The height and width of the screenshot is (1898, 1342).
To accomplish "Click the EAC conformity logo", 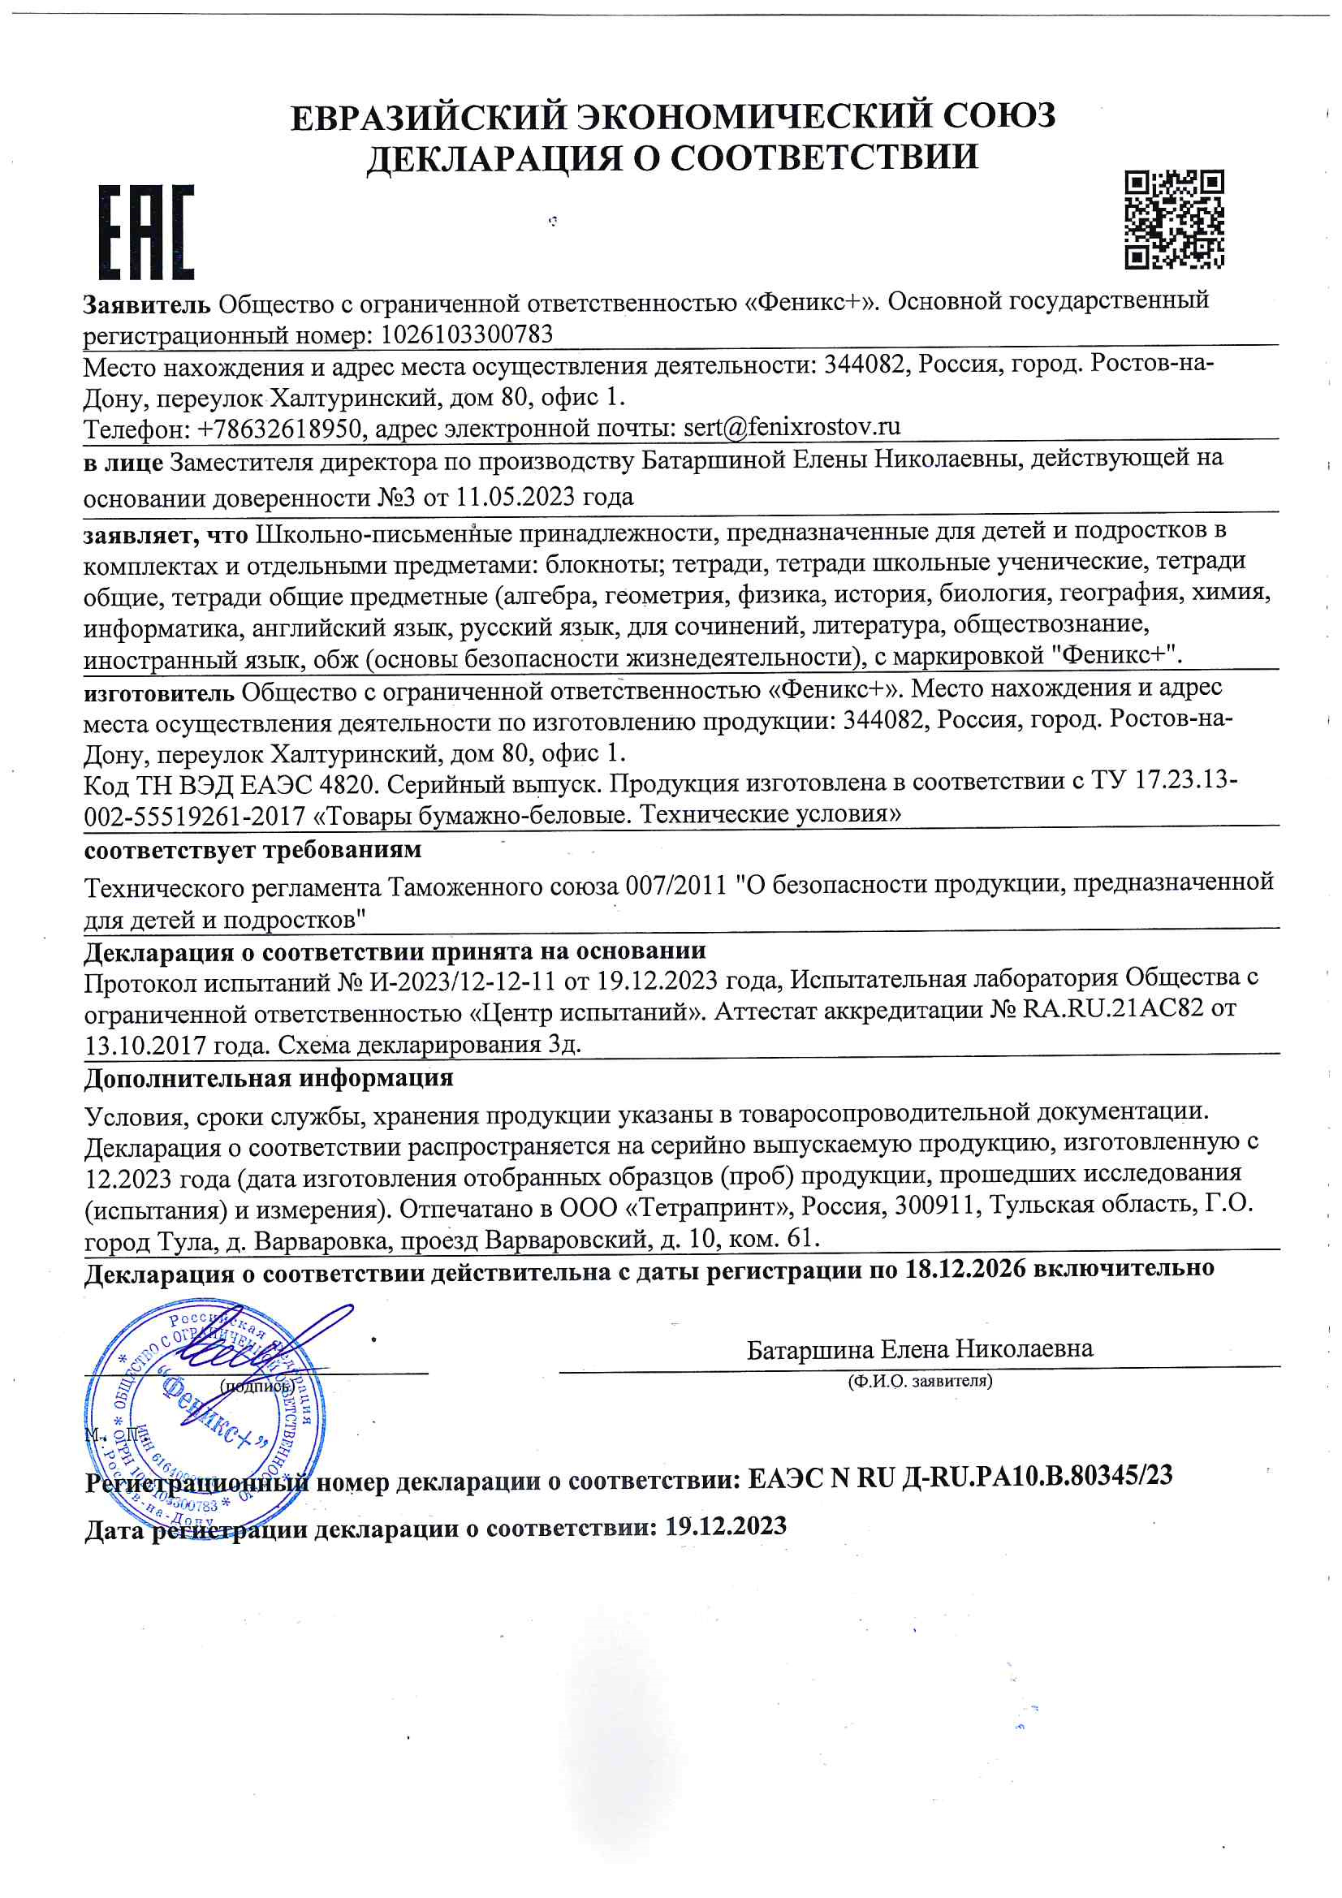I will [146, 231].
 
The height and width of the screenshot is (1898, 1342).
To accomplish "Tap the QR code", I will [1173, 219].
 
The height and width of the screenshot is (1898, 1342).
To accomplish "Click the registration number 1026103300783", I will [465, 334].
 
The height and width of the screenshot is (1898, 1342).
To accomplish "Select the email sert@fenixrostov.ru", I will [792, 426].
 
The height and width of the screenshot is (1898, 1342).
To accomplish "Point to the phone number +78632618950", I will [278, 429].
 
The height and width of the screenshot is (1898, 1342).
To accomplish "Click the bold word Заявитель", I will [147, 305].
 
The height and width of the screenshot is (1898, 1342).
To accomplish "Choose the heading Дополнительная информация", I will [269, 1078].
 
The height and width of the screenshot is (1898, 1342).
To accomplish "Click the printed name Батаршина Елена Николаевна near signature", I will [920, 1350].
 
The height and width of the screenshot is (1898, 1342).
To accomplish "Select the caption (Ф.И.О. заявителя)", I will [920, 1381].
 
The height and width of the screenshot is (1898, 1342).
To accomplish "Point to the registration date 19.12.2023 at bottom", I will [725, 1526].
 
